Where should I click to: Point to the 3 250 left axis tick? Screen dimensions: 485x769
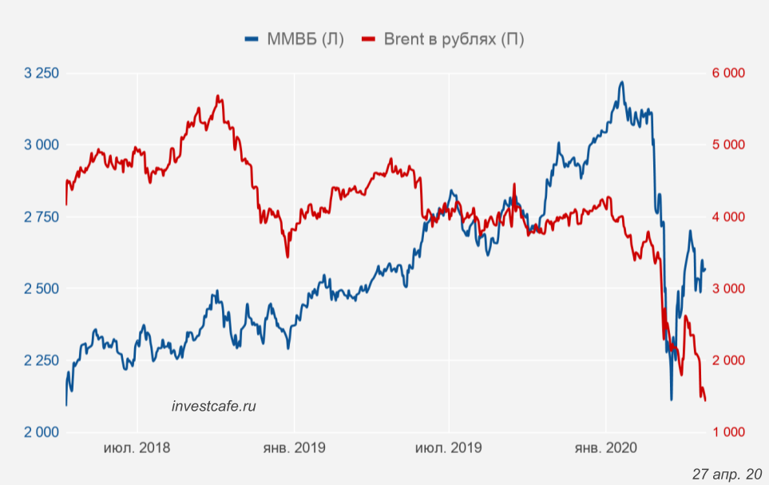(42, 74)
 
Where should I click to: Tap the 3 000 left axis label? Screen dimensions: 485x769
(42, 145)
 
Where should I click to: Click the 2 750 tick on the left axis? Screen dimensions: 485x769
(42, 217)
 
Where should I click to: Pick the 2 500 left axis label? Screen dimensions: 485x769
(42, 288)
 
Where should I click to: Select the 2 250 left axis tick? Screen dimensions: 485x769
(42, 360)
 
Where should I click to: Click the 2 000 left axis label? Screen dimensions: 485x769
(42, 432)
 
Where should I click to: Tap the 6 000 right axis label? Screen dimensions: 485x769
(727, 74)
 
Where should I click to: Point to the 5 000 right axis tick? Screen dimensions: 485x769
(727, 145)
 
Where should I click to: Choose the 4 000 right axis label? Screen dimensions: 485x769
(727, 217)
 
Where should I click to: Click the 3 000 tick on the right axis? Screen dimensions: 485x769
(727, 288)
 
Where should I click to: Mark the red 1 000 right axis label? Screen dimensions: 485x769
(727, 432)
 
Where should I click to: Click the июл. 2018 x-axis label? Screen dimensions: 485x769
(137, 448)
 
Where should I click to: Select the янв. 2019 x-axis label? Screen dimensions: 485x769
(294, 448)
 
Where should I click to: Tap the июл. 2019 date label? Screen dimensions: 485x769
(448, 448)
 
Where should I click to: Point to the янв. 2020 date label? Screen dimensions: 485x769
(605, 448)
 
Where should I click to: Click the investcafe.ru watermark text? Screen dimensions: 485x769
(214, 406)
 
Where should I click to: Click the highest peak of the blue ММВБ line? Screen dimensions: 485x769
(620, 82)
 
